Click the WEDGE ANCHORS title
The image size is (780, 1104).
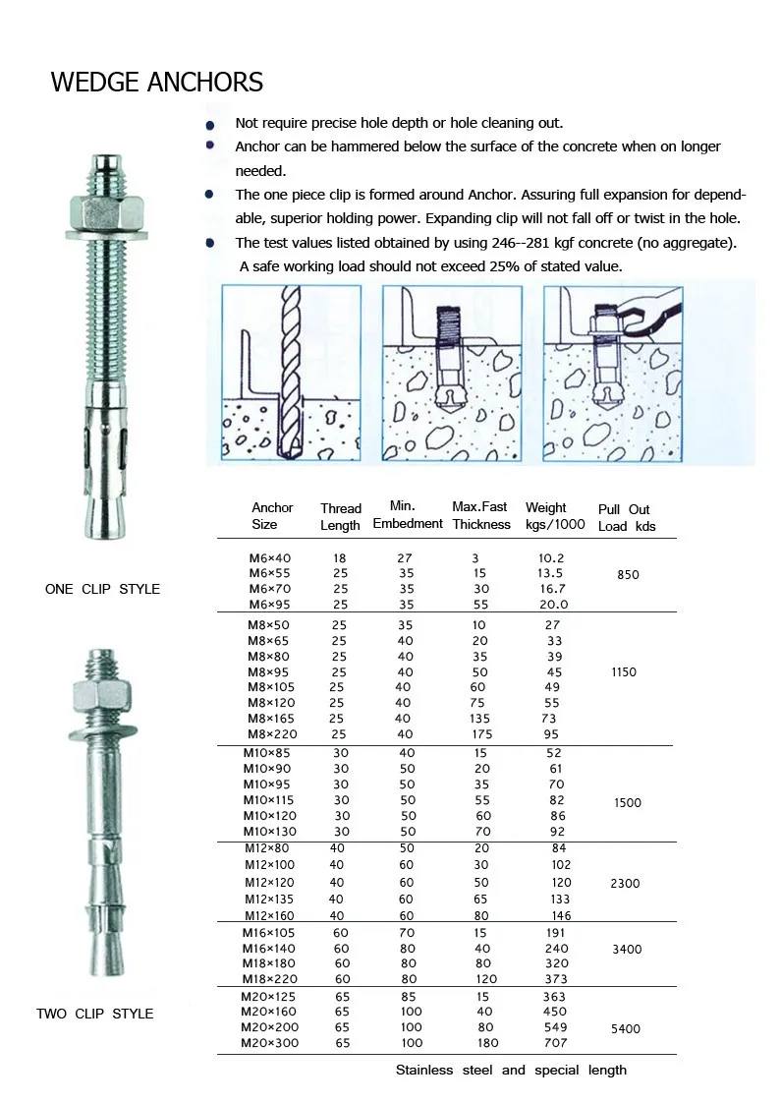pyautogui.click(x=157, y=82)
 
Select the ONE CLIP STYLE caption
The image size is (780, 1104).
pyautogui.click(x=102, y=589)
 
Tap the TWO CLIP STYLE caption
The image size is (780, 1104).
pyautogui.click(x=94, y=1014)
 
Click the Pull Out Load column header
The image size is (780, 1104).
pyautogui.click(x=625, y=517)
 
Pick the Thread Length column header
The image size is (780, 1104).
pyautogui.click(x=340, y=517)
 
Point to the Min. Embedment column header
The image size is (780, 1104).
pyautogui.click(x=407, y=515)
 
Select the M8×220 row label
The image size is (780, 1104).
pyautogui.click(x=271, y=734)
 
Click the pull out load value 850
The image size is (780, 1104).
pyautogui.click(x=628, y=575)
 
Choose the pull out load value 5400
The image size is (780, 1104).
pyautogui.click(x=625, y=1029)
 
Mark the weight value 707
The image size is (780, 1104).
pyautogui.click(x=556, y=1043)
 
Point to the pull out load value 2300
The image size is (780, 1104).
pyautogui.click(x=625, y=883)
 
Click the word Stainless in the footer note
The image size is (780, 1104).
pyautogui.click(x=424, y=1070)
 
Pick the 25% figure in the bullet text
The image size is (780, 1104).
pyautogui.click(x=476, y=266)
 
